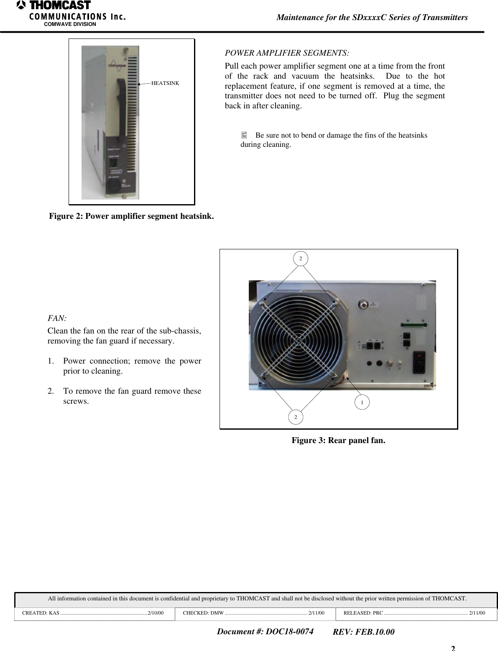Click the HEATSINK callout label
click(165, 83)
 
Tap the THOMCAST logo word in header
click(59, 5)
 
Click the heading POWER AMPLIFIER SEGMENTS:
click(287, 53)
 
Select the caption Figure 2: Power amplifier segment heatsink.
click(131, 216)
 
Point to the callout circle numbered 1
click(362, 402)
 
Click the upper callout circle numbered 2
click(300, 259)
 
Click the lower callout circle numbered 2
click(296, 417)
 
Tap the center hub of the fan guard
click(298, 341)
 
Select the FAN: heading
click(57, 318)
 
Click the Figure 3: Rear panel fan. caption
click(338, 440)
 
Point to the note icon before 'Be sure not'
click(244, 135)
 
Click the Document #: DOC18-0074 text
click(265, 631)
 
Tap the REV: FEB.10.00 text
click(363, 632)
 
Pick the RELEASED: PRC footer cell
click(414, 613)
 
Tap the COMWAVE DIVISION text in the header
click(70, 24)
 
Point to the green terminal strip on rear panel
click(414, 325)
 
